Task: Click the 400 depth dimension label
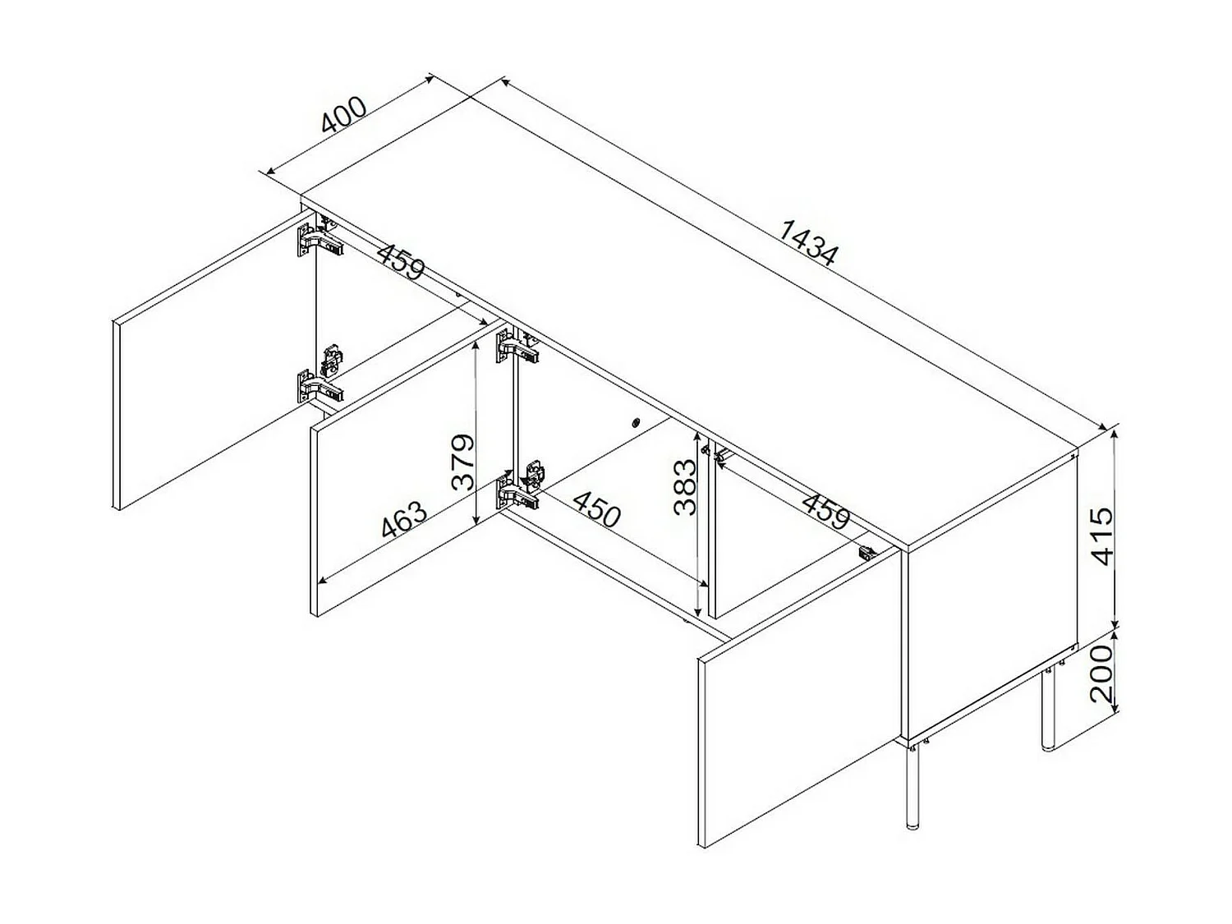tap(343, 116)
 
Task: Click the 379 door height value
tap(463, 462)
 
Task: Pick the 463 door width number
tap(404, 519)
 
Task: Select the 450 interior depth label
tap(596, 510)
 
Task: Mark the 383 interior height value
tap(684, 486)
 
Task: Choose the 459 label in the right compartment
tap(825, 510)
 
